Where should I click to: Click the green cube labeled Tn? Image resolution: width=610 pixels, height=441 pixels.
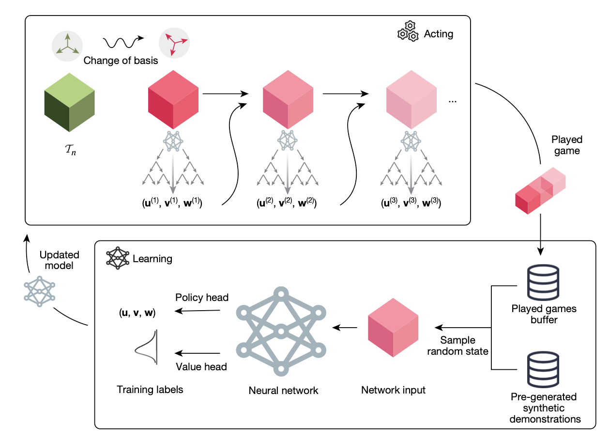pos(69,102)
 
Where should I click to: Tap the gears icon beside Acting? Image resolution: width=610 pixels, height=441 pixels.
pos(408,31)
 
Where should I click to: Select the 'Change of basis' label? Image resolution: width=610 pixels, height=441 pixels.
pos(121,61)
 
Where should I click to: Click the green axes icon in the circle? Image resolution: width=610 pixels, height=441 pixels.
pos(67,46)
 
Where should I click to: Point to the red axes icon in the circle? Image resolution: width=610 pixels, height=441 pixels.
pos(174,43)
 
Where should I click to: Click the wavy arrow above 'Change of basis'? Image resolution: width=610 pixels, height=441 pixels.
pos(123,42)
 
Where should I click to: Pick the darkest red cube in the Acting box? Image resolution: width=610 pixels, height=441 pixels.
pos(173,99)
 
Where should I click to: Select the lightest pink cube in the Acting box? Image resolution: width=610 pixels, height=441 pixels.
pos(412,99)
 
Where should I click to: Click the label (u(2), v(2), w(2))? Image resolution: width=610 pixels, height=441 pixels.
pos(287,203)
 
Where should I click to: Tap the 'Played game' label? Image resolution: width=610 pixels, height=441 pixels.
pos(567,145)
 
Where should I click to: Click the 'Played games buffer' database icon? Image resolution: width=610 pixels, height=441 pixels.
pos(543,282)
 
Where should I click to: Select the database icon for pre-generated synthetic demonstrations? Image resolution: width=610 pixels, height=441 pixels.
pos(543,370)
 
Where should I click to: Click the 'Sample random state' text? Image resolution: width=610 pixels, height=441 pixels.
pos(458,346)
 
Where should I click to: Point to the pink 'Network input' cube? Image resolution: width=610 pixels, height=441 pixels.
pos(393,328)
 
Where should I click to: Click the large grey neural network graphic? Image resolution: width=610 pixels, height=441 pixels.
pos(281,331)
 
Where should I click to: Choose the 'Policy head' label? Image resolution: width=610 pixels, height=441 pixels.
pos(202,298)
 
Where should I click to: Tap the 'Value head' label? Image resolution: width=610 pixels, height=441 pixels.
pos(201,366)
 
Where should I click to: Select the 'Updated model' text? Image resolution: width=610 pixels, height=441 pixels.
pos(60,260)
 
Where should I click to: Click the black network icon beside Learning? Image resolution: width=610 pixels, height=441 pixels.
pos(118,258)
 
